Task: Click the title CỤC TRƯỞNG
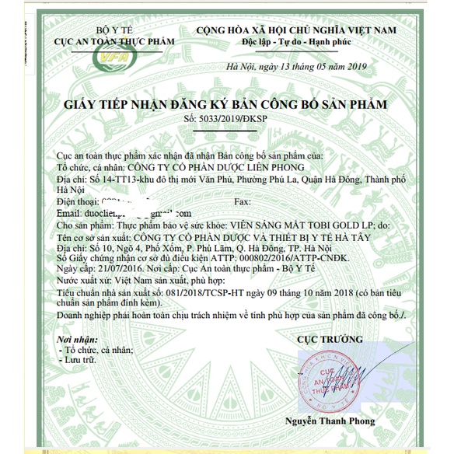coord(330,340)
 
